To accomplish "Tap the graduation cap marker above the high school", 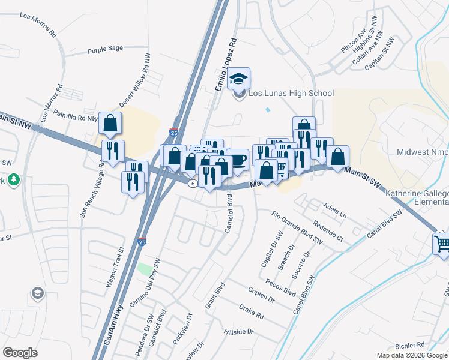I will pyautogui.click(x=240, y=79).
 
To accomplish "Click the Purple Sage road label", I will pyautogui.click(x=104, y=52).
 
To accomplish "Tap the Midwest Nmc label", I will pyautogui.click(x=423, y=152).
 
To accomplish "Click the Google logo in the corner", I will pyautogui.click(x=20, y=352).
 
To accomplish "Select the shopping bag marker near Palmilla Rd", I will pyautogui.click(x=111, y=124).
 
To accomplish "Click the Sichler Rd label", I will pyautogui.click(x=410, y=345).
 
